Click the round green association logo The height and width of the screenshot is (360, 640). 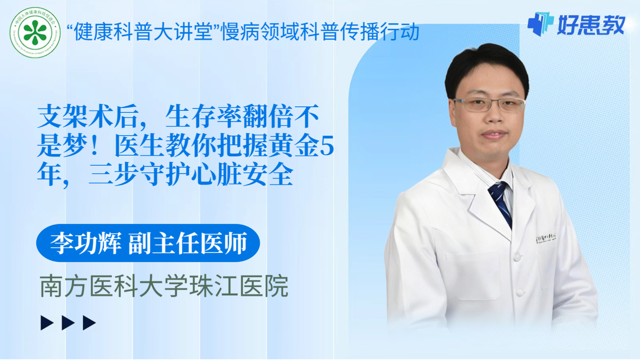[35, 32]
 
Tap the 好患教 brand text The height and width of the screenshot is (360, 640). [591, 25]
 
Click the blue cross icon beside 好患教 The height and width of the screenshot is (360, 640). [540, 24]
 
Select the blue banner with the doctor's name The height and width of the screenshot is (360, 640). [148, 243]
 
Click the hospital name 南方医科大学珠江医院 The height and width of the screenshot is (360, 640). [164, 286]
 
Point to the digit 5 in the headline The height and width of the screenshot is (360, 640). [327, 146]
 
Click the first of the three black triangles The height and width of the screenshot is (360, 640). [47, 323]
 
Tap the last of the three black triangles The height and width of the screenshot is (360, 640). [89, 323]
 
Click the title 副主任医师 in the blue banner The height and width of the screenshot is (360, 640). [188, 243]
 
